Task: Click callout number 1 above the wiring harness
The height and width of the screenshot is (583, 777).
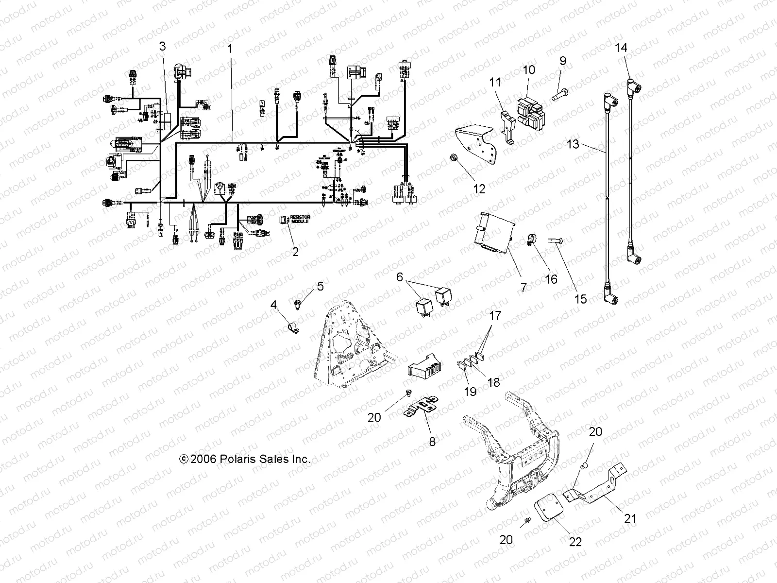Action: coord(230,49)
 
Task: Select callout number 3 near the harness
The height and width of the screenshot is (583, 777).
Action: coord(163,46)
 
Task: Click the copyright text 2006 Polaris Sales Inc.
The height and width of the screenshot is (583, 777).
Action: coord(245,459)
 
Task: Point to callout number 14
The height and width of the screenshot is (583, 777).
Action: coord(621,48)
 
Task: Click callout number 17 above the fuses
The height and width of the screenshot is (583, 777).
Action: coord(494,316)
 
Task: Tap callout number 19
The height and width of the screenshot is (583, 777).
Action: coord(470,391)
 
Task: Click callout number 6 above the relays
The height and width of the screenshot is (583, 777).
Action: coord(400,277)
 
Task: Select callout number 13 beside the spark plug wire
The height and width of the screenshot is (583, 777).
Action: coord(574,144)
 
